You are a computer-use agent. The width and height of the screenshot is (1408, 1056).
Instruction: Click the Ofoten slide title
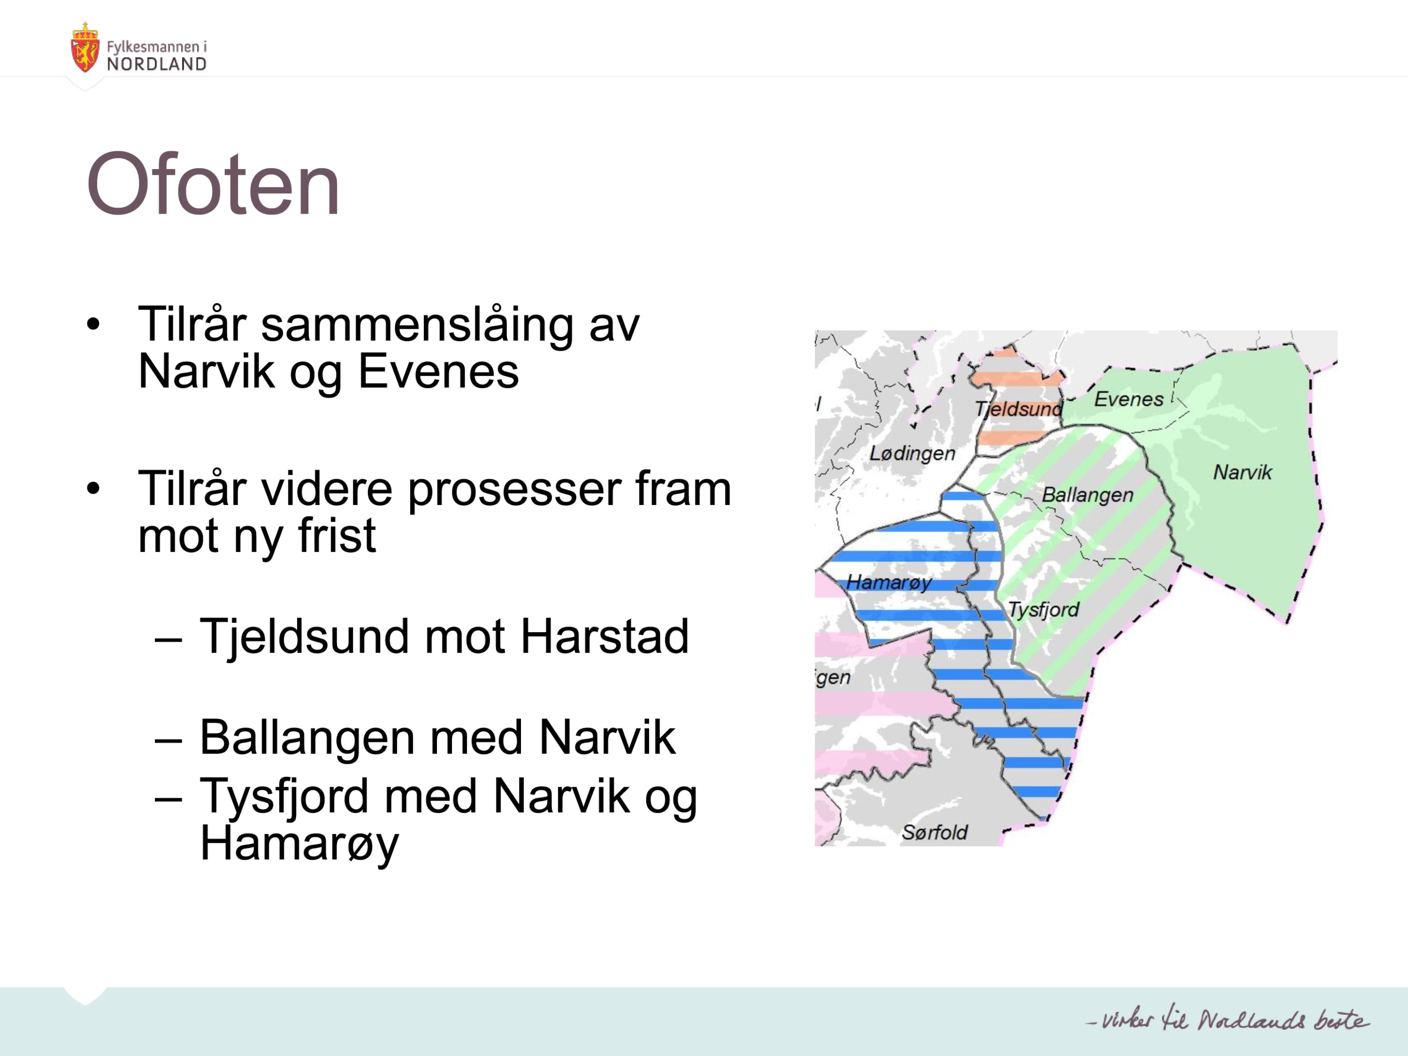213,184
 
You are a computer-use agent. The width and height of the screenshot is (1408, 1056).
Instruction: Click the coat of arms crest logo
84,47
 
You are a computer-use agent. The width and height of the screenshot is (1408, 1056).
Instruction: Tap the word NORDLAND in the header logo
157,64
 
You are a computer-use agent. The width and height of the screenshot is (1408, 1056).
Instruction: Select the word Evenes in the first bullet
438,372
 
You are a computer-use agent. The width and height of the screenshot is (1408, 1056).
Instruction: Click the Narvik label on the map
1242,472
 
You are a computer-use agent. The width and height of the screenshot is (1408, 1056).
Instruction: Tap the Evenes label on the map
1128,399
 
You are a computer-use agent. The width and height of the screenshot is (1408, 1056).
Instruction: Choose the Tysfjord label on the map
1043,610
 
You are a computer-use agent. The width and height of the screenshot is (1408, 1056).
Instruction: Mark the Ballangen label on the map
1088,495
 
